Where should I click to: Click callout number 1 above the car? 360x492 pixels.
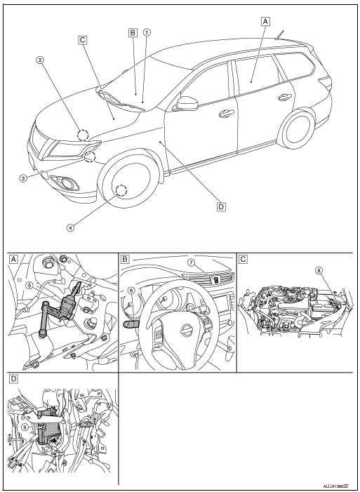pyautogui.click(x=147, y=32)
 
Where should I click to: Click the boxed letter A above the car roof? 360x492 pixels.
pyautogui.click(x=265, y=21)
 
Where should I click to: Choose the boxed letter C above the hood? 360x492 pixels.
pyautogui.click(x=82, y=41)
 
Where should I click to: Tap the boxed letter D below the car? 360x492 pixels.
pyautogui.click(x=221, y=206)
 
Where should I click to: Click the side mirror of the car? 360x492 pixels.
pyautogui.click(x=187, y=103)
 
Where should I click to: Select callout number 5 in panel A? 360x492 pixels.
pyautogui.click(x=29, y=286)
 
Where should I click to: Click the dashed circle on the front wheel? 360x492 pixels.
pyautogui.click(x=121, y=190)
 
